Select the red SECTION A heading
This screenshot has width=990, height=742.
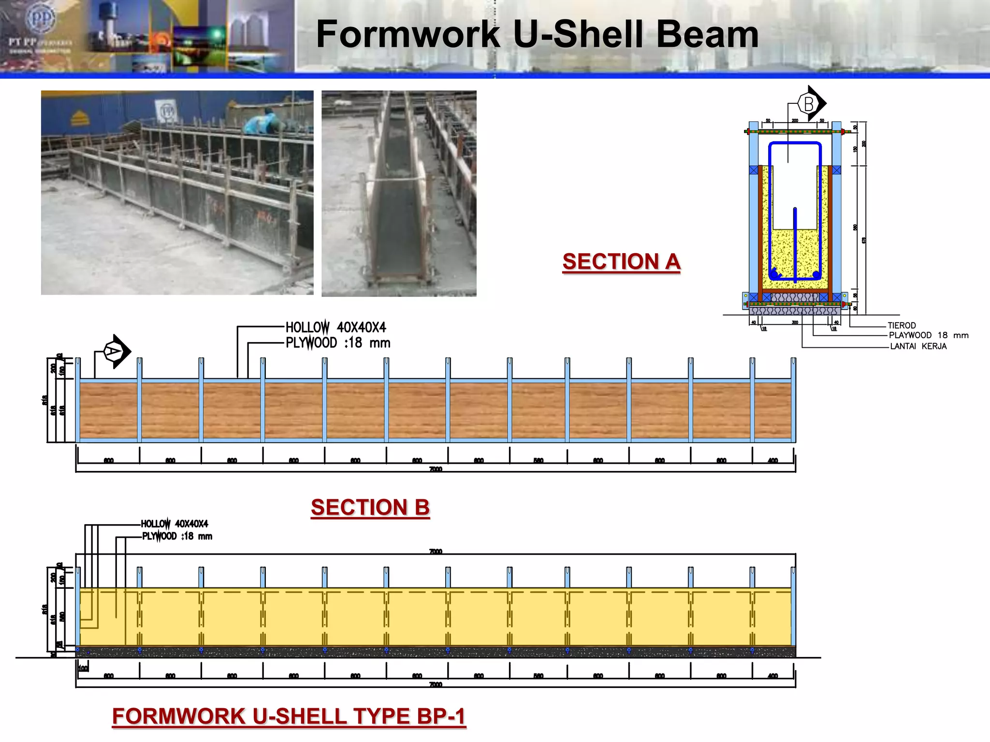(621, 262)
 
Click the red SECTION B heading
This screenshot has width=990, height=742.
(370, 507)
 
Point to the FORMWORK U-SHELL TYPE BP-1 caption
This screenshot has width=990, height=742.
(289, 716)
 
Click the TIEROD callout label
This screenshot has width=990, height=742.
(902, 326)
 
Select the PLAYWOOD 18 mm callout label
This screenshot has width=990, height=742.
(928, 335)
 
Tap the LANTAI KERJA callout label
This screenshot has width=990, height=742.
(918, 346)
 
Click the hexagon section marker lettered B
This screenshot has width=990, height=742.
(808, 103)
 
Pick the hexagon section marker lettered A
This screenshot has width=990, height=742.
(114, 351)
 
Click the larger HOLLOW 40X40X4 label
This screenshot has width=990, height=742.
(336, 328)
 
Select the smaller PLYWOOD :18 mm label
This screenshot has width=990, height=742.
(177, 536)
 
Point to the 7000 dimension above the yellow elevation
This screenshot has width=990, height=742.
(436, 551)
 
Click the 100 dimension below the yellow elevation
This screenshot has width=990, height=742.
(83, 669)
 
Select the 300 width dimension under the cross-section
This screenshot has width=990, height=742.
(795, 322)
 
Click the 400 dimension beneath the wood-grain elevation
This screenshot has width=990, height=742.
(772, 460)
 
